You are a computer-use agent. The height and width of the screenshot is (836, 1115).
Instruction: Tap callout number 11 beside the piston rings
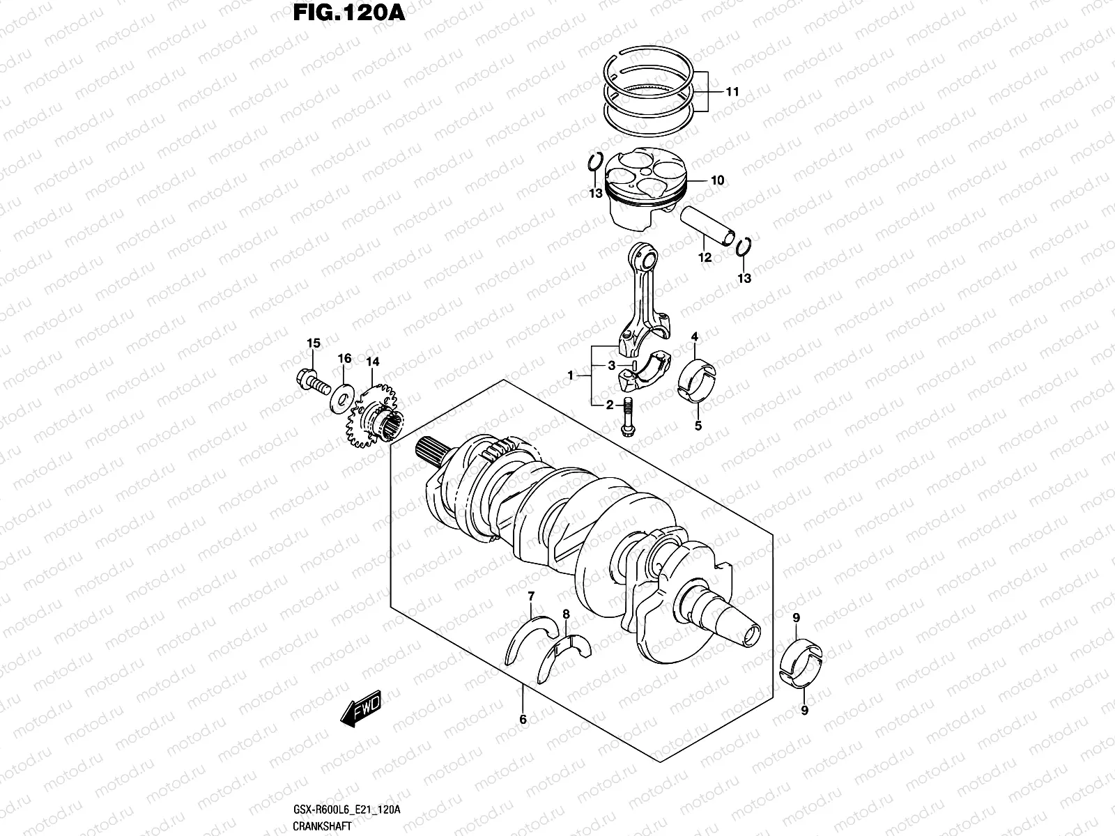(732, 92)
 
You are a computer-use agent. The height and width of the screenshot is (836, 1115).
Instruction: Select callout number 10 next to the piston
(717, 180)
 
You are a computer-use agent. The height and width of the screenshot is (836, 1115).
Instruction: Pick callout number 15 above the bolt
(314, 343)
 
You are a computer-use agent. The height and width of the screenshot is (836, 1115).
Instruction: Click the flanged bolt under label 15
(312, 382)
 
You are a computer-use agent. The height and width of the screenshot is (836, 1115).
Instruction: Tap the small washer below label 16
(342, 397)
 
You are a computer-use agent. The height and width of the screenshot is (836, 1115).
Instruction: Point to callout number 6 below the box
(523, 720)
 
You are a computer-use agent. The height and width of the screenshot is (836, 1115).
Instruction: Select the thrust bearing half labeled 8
(565, 653)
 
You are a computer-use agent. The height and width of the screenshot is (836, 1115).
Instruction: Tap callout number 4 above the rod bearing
(694, 338)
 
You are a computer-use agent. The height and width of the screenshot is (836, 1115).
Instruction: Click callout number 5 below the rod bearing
(698, 426)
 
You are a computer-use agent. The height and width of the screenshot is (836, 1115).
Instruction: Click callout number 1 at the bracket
(571, 376)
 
